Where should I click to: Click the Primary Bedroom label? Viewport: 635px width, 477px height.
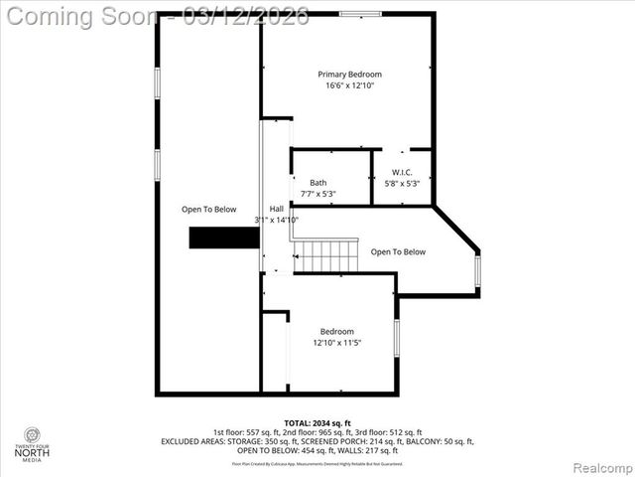pos(349,75)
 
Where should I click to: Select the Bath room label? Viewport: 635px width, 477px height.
pos(317,182)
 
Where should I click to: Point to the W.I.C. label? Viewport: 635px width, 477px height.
pos(402,172)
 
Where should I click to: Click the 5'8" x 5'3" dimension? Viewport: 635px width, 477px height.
pos(402,183)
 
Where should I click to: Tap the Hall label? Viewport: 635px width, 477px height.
pos(276,208)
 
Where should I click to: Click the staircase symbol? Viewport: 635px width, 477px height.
pos(324,255)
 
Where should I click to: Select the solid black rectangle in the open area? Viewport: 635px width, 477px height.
pos(225,238)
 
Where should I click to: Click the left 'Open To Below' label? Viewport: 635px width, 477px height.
pos(208,209)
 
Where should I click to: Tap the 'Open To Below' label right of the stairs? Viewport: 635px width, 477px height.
pos(398,251)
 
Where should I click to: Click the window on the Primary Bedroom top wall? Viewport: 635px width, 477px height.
pos(357,14)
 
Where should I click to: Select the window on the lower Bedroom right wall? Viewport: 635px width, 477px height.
pos(396,337)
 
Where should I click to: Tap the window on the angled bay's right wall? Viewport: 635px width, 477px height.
pos(477,270)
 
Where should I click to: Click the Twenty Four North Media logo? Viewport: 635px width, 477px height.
pos(33,443)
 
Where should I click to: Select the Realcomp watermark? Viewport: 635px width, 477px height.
pos(602,467)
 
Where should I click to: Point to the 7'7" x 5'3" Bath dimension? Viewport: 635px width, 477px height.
pos(317,194)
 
